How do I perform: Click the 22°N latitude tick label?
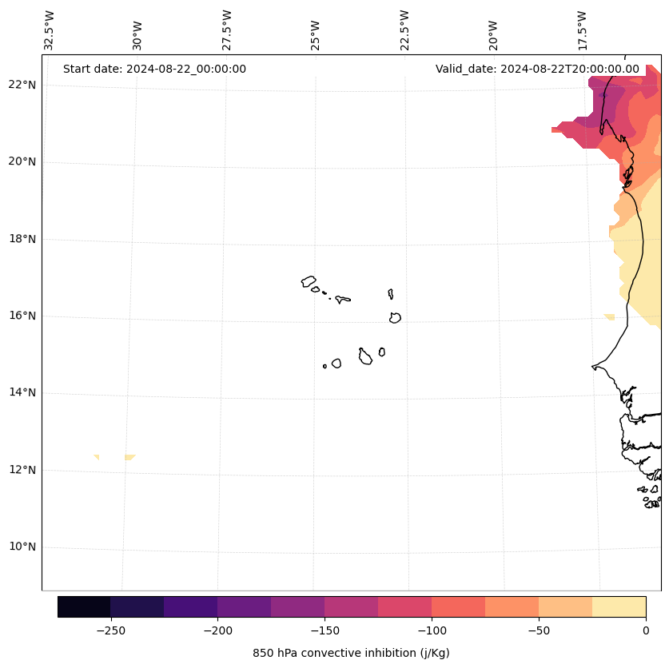tap(23, 85)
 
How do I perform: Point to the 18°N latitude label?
tap(23, 239)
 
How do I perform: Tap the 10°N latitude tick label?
tap(23, 547)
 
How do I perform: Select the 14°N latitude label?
tap(23, 393)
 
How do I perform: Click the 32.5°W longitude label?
tap(50, 30)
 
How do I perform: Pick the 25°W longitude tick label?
tap(316, 34)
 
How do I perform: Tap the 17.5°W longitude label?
tap(582, 30)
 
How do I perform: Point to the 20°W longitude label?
tap(493, 34)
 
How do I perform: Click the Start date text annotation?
tap(154, 69)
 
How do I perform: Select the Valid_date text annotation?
tap(537, 69)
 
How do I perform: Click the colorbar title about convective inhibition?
tap(351, 653)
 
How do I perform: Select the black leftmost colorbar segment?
tap(84, 606)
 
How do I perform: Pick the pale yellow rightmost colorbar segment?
tap(619, 606)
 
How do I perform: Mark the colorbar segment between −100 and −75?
tap(458, 606)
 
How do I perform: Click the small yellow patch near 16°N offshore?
tap(610, 317)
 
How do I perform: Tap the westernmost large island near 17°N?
tap(309, 281)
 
